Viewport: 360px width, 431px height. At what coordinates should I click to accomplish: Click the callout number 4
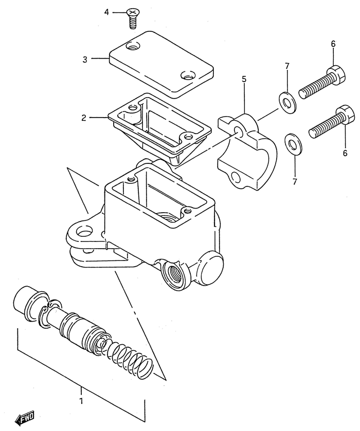107,12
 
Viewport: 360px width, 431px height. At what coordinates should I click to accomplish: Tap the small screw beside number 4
132,17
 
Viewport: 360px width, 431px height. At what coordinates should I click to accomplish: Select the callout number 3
85,59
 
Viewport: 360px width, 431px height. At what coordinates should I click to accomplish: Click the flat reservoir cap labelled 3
161,63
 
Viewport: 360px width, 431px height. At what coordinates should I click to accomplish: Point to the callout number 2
83,118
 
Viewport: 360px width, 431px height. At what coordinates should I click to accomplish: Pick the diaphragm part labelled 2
159,128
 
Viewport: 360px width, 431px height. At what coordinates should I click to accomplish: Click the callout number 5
244,79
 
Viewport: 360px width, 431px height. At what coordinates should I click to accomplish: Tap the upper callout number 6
333,44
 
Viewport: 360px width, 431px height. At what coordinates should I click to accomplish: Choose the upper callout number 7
287,66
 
